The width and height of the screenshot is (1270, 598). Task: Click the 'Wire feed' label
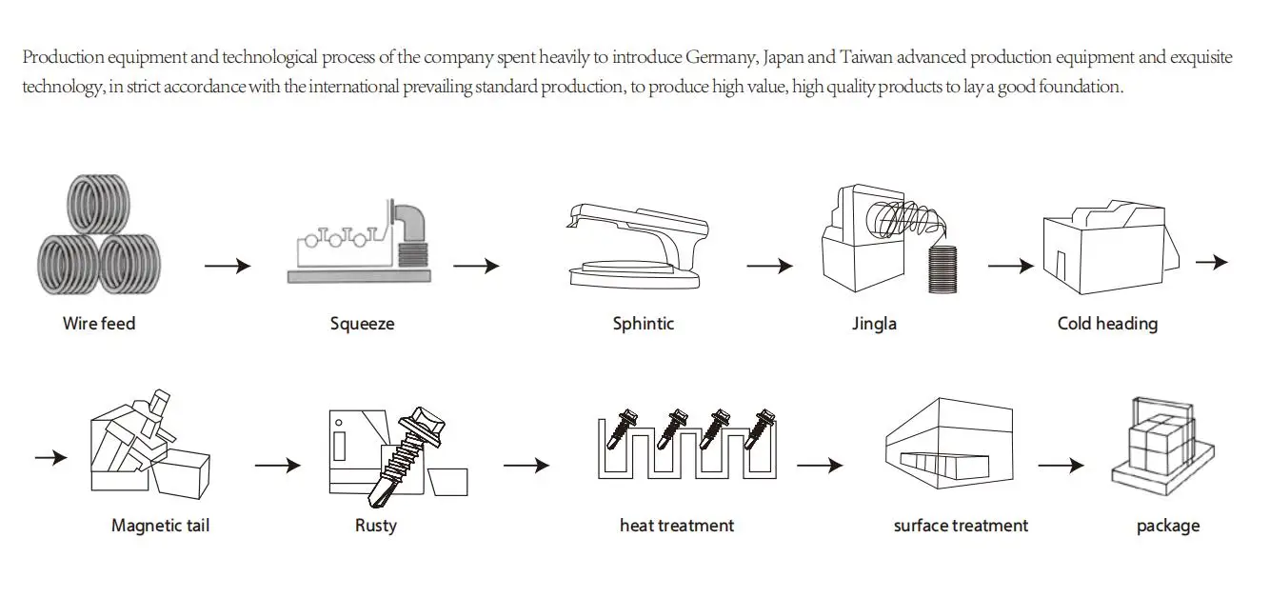click(99, 324)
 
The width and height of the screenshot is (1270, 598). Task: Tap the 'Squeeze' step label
click(363, 324)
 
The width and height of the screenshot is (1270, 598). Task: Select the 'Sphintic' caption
click(644, 324)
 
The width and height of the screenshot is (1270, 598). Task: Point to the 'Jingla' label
click(874, 324)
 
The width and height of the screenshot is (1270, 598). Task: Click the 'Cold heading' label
click(1108, 324)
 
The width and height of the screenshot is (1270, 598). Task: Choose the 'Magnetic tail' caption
click(161, 526)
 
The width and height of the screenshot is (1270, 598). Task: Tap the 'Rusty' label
click(376, 526)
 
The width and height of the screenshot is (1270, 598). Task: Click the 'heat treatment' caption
click(677, 526)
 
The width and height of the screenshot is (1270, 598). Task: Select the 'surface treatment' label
click(961, 526)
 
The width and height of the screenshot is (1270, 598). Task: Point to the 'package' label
click(1168, 527)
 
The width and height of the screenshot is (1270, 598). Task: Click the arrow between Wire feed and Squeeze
click(228, 266)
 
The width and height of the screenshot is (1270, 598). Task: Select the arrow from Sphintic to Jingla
click(770, 266)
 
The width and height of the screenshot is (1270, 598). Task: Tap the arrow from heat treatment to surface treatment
click(820, 466)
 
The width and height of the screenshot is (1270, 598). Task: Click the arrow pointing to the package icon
click(1062, 466)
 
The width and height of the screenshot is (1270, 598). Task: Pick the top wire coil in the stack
click(99, 204)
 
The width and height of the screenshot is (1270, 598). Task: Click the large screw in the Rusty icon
click(405, 455)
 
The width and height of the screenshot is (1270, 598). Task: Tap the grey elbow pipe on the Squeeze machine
click(410, 222)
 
